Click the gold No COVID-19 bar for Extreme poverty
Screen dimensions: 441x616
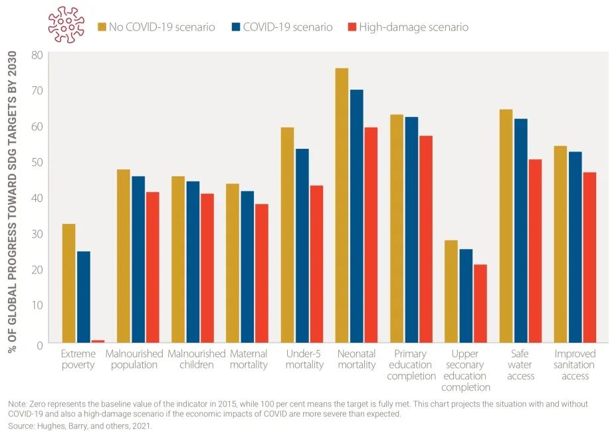(68, 283)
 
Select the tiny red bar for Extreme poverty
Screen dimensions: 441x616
(98, 341)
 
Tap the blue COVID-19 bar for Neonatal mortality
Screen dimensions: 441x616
(356, 216)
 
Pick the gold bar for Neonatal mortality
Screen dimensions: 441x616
(342, 205)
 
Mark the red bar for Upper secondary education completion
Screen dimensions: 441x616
(480, 304)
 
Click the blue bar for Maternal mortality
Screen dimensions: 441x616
(247, 266)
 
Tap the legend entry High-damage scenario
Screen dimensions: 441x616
(413, 27)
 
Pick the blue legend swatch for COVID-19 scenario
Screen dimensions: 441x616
(235, 27)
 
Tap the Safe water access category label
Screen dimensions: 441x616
(520, 365)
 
